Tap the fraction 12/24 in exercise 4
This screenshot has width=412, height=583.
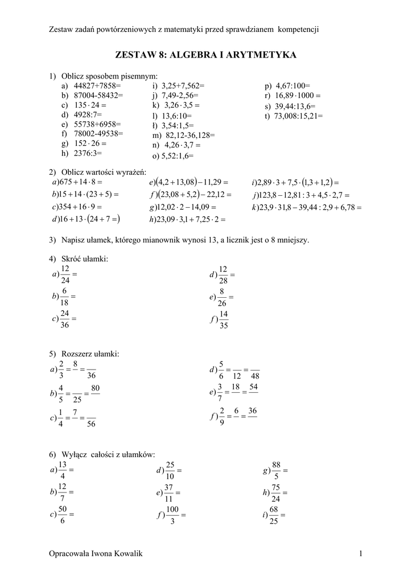pyautogui.click(x=65, y=274)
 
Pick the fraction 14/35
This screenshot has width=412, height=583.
pyautogui.click(x=223, y=320)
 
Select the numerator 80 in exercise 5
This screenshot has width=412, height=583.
pyautogui.click(x=95, y=388)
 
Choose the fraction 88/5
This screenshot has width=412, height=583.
pyautogui.click(x=277, y=470)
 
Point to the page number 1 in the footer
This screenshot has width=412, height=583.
pyautogui.click(x=361, y=555)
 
